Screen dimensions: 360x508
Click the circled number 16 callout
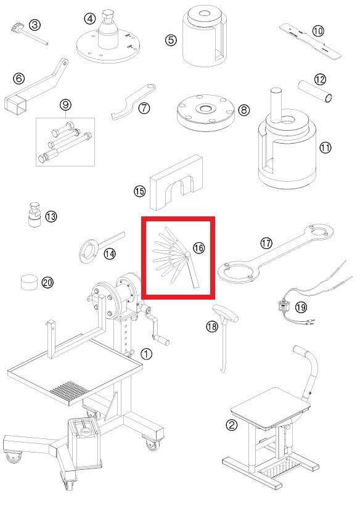click(x=198, y=248)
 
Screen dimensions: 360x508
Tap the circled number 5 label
click(x=171, y=40)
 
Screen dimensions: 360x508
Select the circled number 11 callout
click(x=325, y=148)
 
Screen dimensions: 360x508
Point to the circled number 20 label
click(x=47, y=282)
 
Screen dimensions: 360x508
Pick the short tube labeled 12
click(x=315, y=92)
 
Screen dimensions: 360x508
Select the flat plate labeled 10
click(x=311, y=41)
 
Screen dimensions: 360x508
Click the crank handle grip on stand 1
click(x=161, y=340)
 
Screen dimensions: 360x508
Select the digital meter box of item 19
click(x=283, y=306)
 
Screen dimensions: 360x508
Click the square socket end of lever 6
click(x=15, y=104)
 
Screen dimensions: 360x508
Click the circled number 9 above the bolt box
click(x=65, y=105)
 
